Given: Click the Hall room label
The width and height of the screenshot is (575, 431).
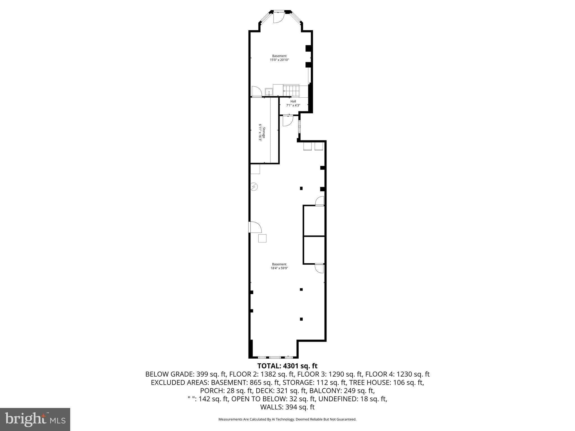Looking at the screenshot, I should [293, 101].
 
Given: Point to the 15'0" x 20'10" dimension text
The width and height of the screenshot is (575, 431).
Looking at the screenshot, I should [279, 60].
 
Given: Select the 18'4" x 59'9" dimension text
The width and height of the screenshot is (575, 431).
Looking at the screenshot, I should [279, 268].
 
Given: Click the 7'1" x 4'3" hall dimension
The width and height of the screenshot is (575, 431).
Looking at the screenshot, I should [293, 106].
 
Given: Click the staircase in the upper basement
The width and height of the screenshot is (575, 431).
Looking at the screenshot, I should [291, 91].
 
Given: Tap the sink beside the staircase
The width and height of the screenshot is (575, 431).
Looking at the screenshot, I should [269, 92].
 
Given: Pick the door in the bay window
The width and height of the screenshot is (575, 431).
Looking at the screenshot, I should [278, 17].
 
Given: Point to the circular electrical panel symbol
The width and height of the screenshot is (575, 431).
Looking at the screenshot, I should [254, 187].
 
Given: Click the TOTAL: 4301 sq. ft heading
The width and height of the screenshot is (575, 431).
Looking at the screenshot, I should [287, 366].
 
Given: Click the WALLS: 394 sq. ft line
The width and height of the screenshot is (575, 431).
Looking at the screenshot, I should [287, 407].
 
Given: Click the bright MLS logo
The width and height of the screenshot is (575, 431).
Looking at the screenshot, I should [35, 419].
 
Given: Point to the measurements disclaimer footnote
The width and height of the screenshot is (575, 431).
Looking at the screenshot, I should [287, 419].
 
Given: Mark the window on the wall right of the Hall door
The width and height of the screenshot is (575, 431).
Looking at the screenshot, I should [299, 127].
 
